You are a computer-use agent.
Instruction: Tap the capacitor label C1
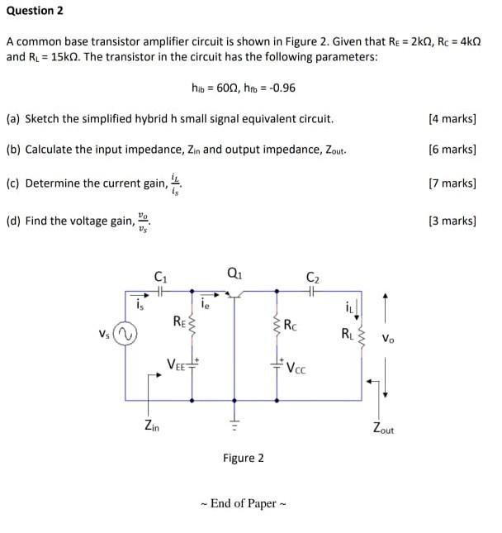tap(160, 276)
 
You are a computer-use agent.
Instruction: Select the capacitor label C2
tap(311, 276)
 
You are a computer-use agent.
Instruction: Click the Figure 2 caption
tap(244, 458)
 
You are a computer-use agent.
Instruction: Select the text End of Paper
tap(244, 503)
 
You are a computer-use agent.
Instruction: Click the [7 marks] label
tap(452, 182)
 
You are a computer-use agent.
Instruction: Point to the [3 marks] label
tap(452, 221)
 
